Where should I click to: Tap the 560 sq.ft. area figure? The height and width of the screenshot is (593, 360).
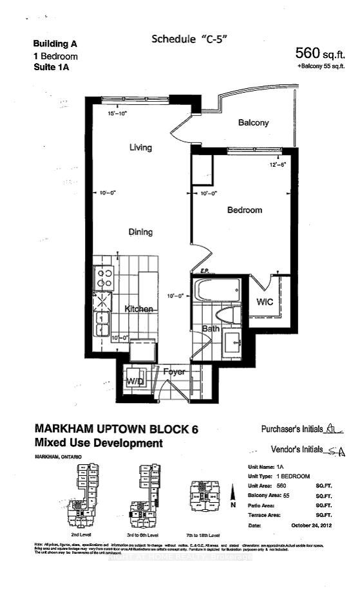pos(320,53)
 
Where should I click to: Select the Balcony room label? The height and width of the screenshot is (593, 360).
pos(253,123)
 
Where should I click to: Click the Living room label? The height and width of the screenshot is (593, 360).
pos(140,147)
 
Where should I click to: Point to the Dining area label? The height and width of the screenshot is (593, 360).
pos(140,232)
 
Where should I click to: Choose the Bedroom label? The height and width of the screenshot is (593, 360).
pos(244,210)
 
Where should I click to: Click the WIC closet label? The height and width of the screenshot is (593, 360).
pos(265,301)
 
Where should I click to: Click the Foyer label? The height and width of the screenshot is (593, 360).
pos(174,372)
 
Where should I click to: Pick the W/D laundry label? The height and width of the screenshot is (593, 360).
pos(135,381)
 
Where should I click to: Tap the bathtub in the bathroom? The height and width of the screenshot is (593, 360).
pos(218,290)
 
